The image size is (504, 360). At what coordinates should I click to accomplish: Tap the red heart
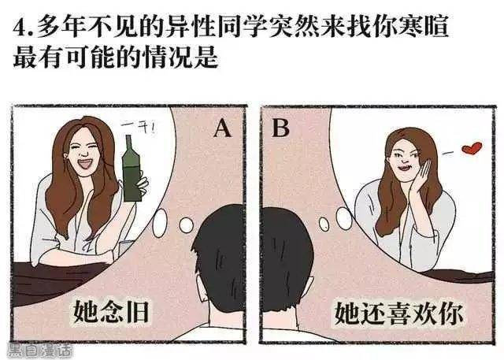[x=472, y=148]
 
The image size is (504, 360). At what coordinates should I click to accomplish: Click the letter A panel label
[x=222, y=128]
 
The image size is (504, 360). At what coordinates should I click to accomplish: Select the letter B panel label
[x=280, y=128]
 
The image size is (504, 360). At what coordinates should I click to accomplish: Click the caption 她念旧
[x=111, y=311]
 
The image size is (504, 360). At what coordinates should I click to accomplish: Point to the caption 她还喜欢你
[x=398, y=313]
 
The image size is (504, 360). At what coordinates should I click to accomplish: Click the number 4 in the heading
[x=19, y=28]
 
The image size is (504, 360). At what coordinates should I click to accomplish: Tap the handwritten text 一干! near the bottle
[x=139, y=128]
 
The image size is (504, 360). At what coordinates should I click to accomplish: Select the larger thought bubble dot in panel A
[x=160, y=223]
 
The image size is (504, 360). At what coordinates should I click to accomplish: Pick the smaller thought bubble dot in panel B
[x=324, y=224]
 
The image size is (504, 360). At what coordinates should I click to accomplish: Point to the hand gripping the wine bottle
[x=142, y=186]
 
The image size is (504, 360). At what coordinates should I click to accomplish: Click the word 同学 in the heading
[x=243, y=26]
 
